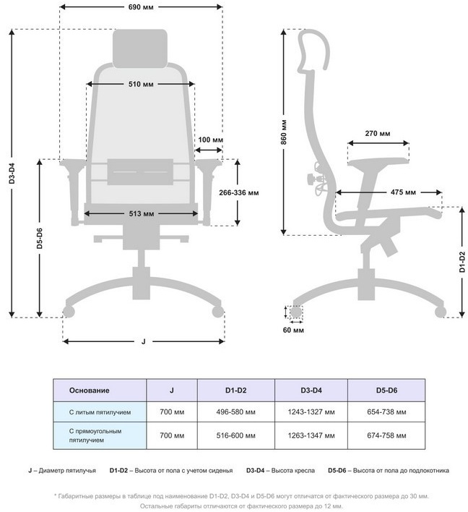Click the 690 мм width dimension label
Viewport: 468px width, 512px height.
(141, 7)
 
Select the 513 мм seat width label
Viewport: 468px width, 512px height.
(142, 213)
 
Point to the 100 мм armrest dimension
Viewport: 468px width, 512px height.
(209, 140)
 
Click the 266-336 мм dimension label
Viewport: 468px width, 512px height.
(238, 193)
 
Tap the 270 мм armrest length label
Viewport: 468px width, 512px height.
(378, 135)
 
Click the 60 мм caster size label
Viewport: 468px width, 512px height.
(295, 330)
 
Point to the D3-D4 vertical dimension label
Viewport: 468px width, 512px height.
(12, 174)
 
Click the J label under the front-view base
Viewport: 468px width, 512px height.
(143, 341)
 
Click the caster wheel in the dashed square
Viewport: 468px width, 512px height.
(295, 312)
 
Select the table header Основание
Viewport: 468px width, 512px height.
(89, 391)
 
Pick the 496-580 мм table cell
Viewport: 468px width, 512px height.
(235, 411)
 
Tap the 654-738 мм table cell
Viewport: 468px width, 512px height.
(386, 411)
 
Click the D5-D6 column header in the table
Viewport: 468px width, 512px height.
(386, 391)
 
